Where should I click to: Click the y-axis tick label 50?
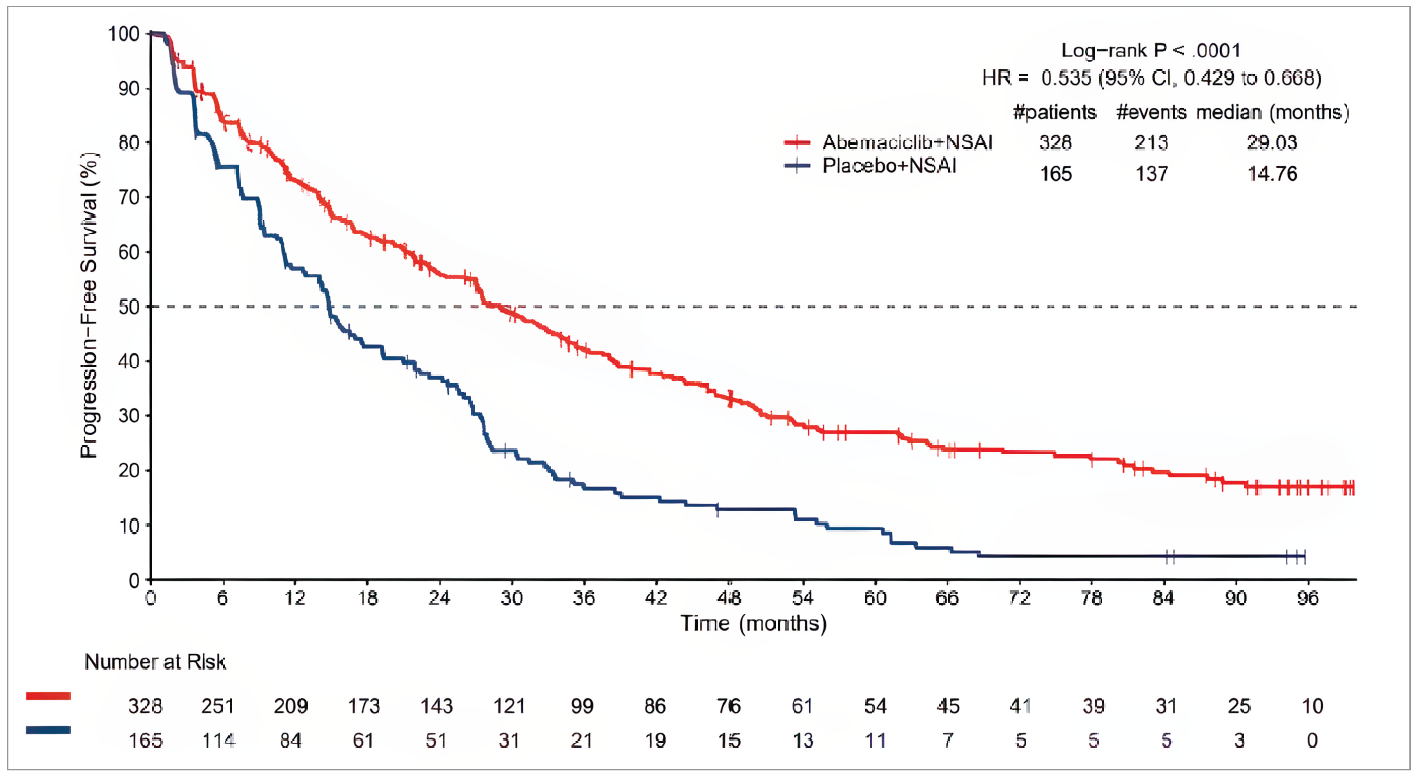[129, 307]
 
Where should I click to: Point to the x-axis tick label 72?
[1019, 598]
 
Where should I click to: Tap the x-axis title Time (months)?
[754, 623]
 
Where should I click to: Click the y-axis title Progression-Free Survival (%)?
[89, 306]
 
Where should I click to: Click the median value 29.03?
[1271, 143]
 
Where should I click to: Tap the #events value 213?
[1151, 143]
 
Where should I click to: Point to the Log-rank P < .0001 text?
[1151, 51]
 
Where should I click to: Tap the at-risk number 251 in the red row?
[218, 706]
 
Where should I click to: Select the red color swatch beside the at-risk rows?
[48, 696]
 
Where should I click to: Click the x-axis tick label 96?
[1308, 598]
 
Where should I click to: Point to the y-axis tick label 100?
[124, 34]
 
